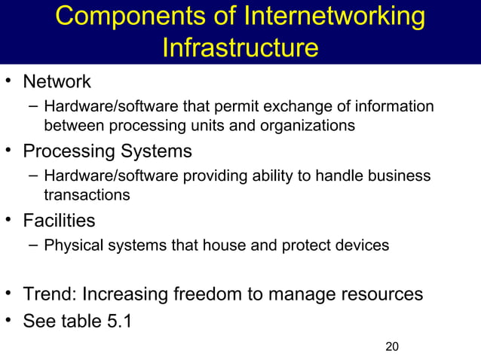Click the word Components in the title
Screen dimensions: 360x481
tap(121, 18)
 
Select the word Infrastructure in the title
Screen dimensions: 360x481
tap(240, 48)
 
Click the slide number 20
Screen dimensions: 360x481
tap(391, 346)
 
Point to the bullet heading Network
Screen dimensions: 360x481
tap(57, 81)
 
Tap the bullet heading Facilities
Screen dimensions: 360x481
tap(59, 221)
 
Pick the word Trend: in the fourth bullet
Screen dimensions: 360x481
tap(49, 294)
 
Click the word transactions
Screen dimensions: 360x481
tap(87, 195)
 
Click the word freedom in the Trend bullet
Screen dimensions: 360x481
tap(212, 294)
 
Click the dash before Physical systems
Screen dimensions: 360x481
tap(32, 246)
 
